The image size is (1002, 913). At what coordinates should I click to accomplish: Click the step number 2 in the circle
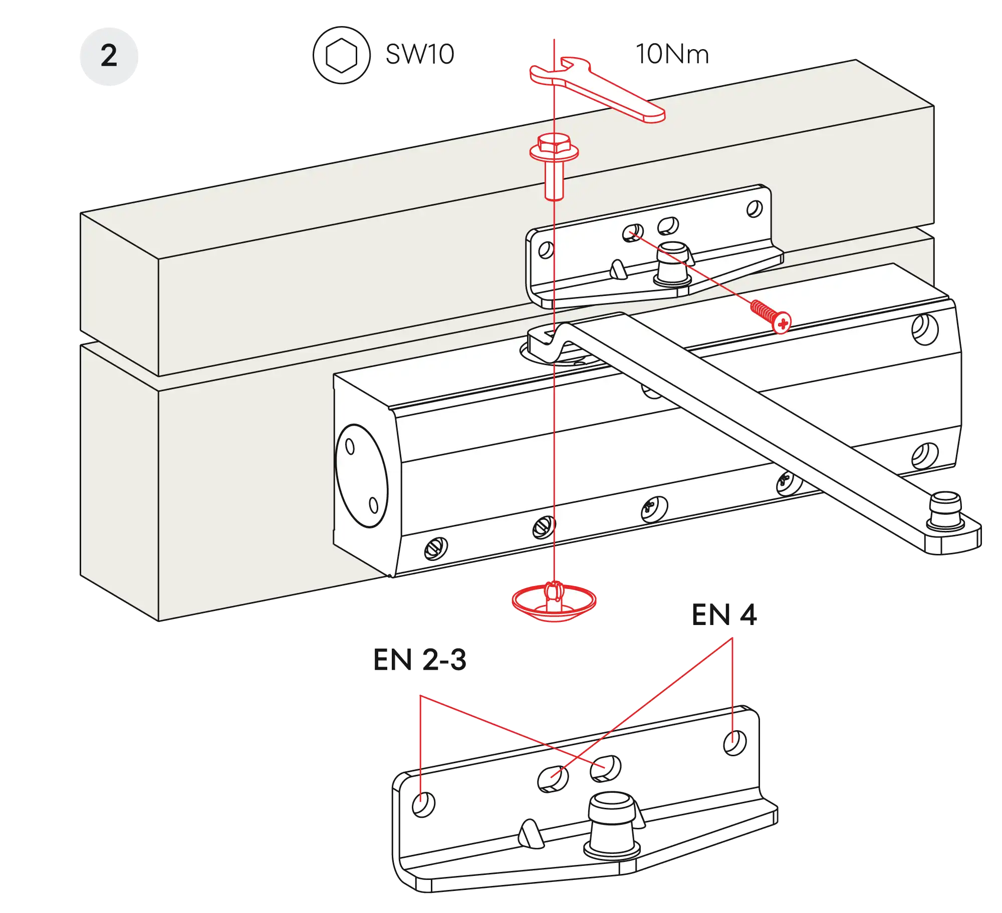[x=109, y=56]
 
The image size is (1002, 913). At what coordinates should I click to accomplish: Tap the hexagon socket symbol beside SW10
[x=342, y=55]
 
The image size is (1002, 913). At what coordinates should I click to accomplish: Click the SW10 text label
[x=419, y=54]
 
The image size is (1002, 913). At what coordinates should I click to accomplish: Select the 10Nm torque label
[x=672, y=54]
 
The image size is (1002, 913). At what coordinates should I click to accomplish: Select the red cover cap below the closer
[x=554, y=601]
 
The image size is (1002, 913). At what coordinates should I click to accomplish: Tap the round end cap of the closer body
[x=362, y=476]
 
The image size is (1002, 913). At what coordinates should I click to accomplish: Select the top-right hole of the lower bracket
[x=735, y=743]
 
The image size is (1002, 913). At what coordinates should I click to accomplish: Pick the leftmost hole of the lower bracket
[x=423, y=804]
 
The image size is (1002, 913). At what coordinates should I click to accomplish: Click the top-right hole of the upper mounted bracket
[x=755, y=208]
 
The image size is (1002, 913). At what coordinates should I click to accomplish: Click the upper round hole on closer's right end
[x=925, y=329]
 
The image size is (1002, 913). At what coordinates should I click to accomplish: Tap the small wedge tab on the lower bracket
[x=530, y=832]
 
